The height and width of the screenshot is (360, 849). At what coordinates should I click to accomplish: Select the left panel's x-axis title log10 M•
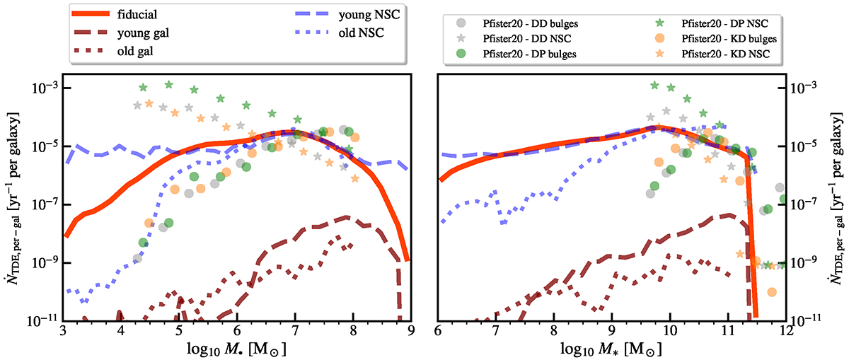tap(237, 349)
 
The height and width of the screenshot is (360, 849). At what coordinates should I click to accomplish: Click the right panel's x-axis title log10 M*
tap(613, 349)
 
